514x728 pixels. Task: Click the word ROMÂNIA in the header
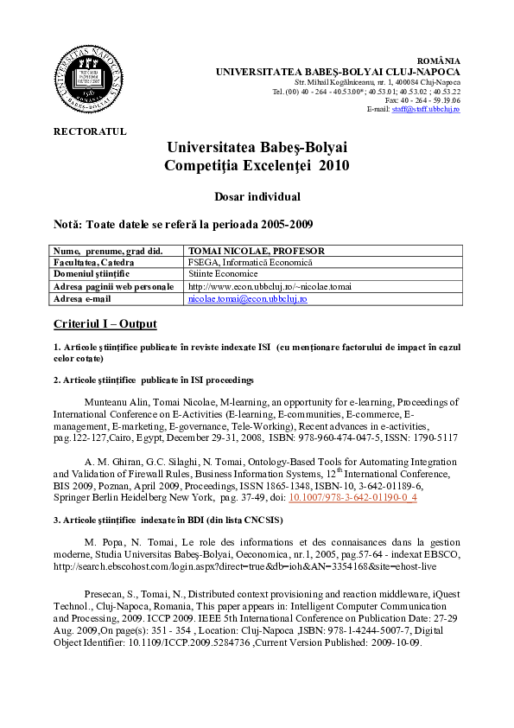click(x=439, y=60)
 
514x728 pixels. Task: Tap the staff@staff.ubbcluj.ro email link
click(x=426, y=109)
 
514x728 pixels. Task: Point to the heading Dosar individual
click(x=257, y=196)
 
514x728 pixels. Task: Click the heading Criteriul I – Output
click(x=105, y=323)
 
